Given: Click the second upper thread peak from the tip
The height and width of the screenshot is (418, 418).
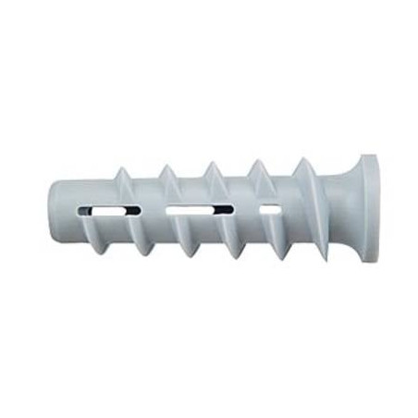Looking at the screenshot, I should [x=167, y=166].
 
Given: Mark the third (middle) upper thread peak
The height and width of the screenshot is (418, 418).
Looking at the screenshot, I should [x=212, y=164].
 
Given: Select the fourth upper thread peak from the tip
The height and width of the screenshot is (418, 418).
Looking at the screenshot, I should [x=258, y=160].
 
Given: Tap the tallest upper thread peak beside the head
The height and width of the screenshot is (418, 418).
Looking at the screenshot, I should [x=303, y=158].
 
